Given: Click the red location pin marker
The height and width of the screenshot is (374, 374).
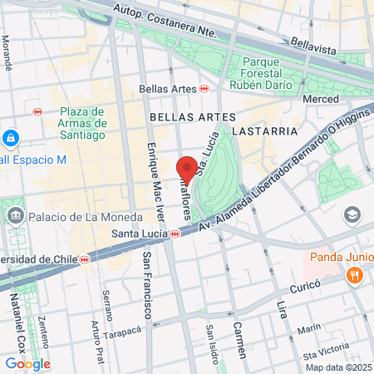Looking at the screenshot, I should pos(187,169).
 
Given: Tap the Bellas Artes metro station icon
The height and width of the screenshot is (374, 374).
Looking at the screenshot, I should pos(204,89).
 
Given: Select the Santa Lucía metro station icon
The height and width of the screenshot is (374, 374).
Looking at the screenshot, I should pos(175,234).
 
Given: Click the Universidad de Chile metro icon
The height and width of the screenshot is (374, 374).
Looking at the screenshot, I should pos(85,259).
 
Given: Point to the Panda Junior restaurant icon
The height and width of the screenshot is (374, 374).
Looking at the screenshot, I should pos(355,275).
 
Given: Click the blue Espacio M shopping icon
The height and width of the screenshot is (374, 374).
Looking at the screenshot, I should pos(11,138).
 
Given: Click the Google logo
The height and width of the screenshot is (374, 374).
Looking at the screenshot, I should pos(27,363).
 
